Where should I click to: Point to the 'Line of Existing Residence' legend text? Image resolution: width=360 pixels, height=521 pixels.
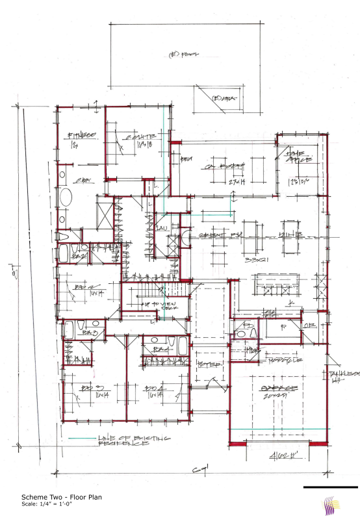pyautogui.click(x=134, y=441)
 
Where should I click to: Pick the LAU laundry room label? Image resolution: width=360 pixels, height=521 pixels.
pyautogui.click(x=159, y=227)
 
